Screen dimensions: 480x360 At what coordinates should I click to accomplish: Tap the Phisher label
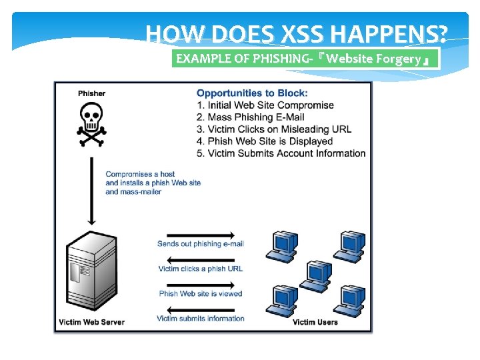point(91,93)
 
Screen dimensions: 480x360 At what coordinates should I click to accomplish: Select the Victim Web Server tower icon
point(91,274)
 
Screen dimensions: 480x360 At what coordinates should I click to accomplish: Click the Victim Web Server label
point(91,322)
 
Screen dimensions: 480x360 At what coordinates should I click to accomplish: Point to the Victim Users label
point(315,322)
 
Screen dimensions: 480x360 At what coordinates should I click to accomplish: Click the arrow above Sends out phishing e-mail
point(200,235)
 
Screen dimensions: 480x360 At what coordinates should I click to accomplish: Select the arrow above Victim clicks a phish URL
point(200,260)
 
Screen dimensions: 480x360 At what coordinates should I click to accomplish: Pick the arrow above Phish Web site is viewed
point(200,285)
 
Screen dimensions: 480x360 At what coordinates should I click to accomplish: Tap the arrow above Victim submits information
point(200,309)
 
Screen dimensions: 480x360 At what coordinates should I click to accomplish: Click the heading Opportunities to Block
point(252,93)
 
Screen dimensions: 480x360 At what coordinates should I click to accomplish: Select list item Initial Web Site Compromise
point(265,105)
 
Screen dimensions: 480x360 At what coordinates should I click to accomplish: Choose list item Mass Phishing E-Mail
point(251,117)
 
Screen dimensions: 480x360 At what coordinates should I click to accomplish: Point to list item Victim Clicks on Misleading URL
point(274,129)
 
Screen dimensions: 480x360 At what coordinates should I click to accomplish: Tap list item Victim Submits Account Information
point(281,153)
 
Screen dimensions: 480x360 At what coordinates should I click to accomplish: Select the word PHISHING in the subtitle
point(276,59)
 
